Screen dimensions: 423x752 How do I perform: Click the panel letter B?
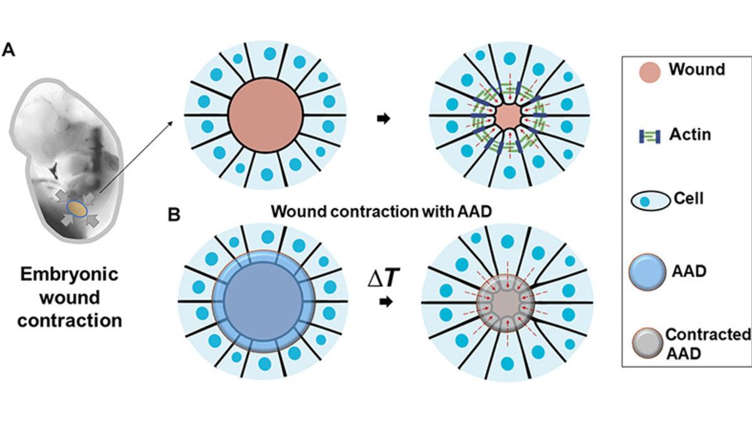coord(175,216)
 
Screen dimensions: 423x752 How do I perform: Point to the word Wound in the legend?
coord(696,69)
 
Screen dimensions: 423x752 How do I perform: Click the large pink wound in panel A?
coord(265,115)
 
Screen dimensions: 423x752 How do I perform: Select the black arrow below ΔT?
coord(386,302)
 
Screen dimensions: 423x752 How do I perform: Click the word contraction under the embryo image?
coord(69,321)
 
